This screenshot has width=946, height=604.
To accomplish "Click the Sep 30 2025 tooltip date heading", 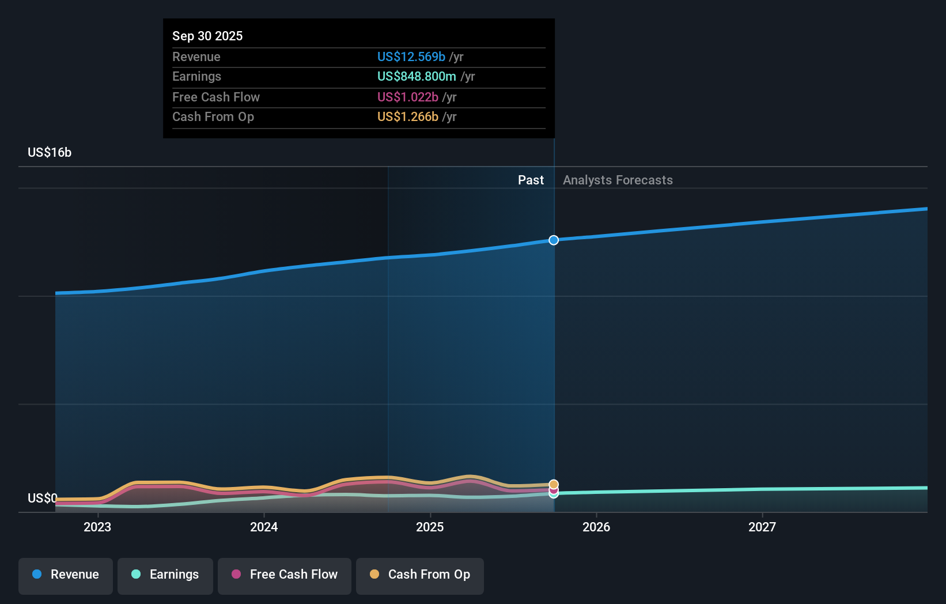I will [x=207, y=36].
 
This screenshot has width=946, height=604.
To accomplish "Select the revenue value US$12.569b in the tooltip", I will [x=411, y=56].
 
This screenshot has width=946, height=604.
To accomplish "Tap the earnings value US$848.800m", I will [x=416, y=76].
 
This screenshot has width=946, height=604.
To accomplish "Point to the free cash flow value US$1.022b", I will [x=407, y=97].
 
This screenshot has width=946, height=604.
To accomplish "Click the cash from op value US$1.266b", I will [x=407, y=116].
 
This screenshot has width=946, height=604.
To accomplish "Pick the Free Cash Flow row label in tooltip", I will [x=215, y=97].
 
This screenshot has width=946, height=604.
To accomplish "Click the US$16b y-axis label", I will [x=50, y=152].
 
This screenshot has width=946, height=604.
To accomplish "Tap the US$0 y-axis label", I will [x=42, y=498].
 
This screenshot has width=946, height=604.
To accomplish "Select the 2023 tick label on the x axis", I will [x=97, y=527].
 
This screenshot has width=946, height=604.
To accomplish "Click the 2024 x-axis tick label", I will [x=264, y=527].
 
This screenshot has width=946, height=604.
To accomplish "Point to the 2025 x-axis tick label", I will [x=430, y=527].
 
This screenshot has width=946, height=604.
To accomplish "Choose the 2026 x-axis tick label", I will [x=596, y=527].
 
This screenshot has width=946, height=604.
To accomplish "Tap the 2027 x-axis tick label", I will [x=762, y=527].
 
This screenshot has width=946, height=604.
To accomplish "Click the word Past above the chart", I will [x=531, y=180].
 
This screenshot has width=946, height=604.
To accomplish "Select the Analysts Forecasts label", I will [x=618, y=180].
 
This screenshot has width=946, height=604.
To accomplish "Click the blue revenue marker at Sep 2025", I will [x=554, y=240].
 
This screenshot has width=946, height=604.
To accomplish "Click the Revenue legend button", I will [x=66, y=575].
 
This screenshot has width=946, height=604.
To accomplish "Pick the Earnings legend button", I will [x=165, y=575].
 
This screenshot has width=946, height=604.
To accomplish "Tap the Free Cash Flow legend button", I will [x=285, y=575].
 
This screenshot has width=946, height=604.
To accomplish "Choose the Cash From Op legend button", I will [x=420, y=575].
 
